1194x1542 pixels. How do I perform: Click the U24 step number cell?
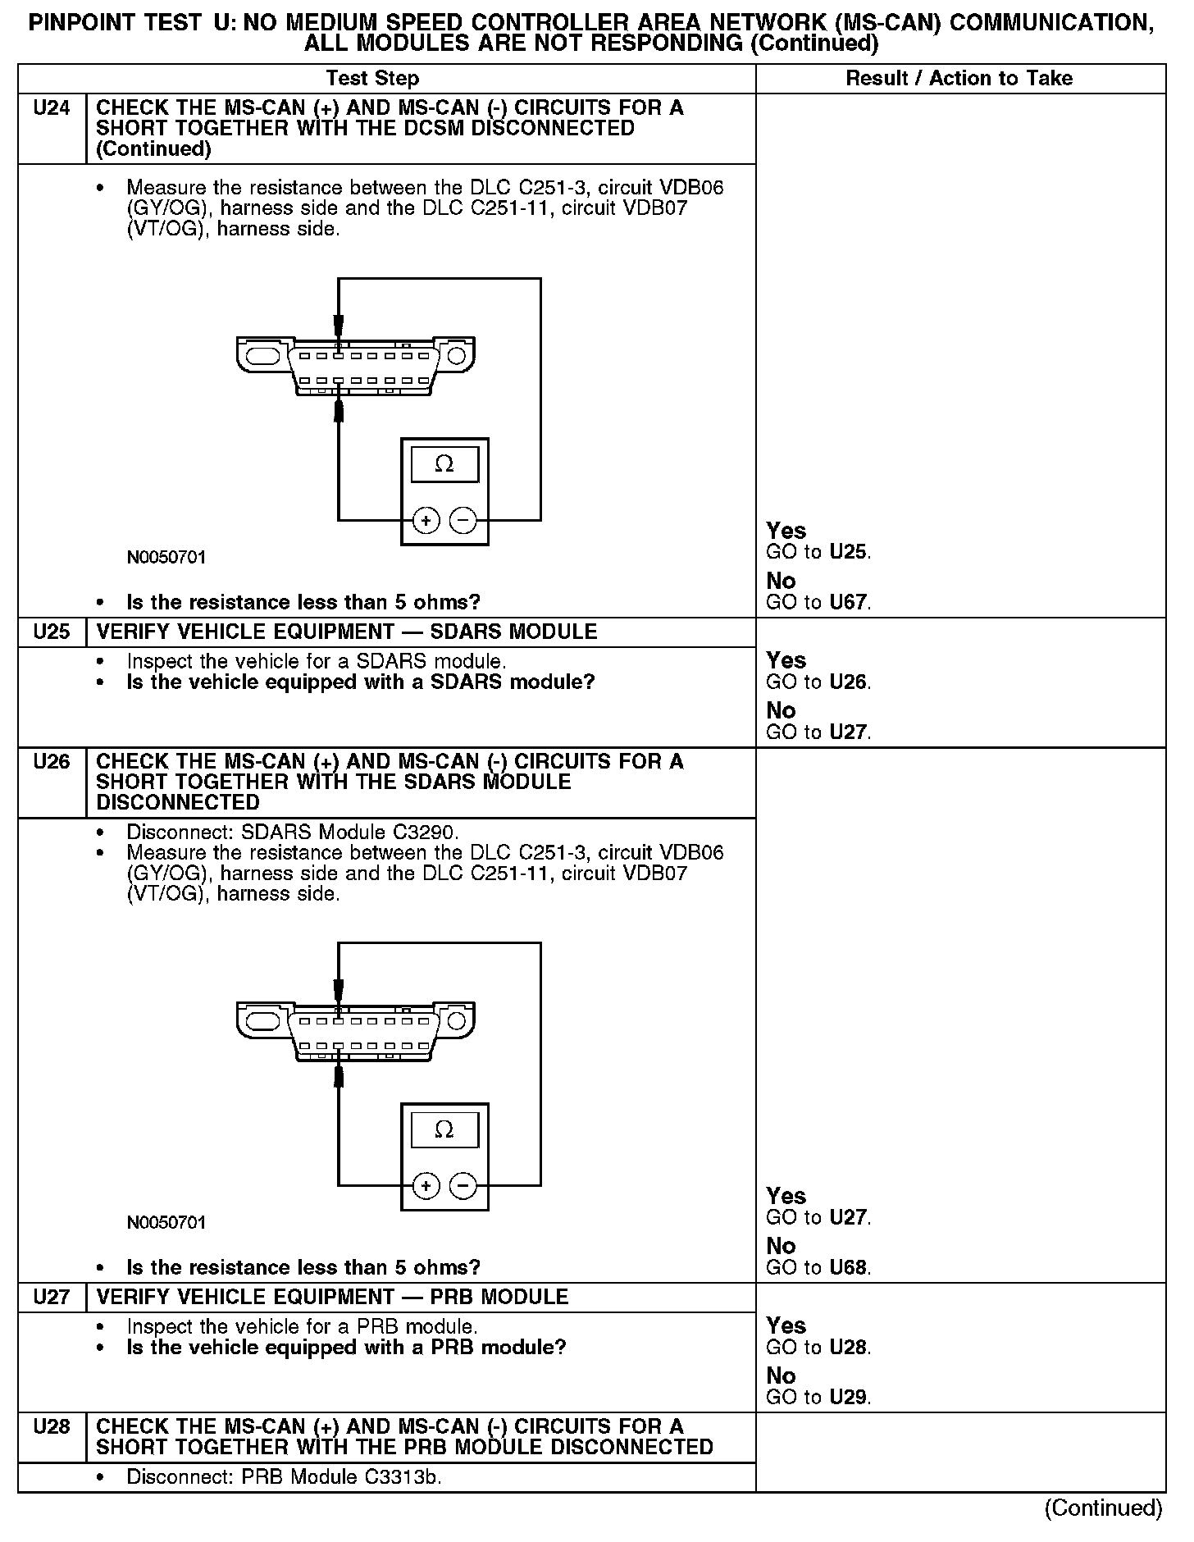click(51, 108)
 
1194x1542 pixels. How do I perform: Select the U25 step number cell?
click(51, 632)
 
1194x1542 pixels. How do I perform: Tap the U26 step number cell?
click(51, 762)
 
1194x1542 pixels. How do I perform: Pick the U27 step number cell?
click(51, 1298)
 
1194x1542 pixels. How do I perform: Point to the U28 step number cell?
click(51, 1427)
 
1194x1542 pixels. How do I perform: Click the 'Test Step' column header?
click(372, 79)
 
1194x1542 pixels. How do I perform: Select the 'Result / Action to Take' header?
click(959, 79)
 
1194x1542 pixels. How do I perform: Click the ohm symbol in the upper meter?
click(444, 464)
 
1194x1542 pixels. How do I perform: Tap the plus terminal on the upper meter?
click(426, 520)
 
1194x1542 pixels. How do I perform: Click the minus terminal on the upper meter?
click(463, 520)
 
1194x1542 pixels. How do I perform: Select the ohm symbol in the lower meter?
click(444, 1129)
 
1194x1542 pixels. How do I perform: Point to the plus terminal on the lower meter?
click(426, 1185)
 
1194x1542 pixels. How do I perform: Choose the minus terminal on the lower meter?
click(463, 1185)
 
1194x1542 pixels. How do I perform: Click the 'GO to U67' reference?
click(818, 603)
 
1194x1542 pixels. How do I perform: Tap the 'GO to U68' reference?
click(818, 1268)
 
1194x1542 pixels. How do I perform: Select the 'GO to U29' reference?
click(818, 1398)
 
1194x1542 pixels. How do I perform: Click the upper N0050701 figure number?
click(166, 558)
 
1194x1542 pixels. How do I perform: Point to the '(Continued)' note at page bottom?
click(1103, 1508)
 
